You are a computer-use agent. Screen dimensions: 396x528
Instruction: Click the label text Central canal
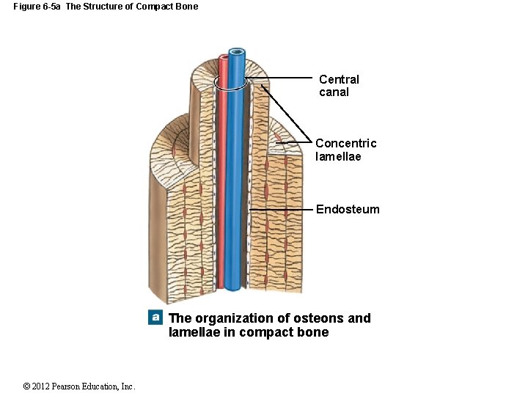point(339,86)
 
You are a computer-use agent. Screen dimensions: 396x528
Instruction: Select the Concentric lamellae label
point(345,150)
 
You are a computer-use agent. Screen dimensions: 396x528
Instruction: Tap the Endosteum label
point(348,210)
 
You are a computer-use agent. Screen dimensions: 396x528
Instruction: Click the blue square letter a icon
point(155,318)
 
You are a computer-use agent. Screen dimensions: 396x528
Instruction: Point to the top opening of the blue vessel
point(237,52)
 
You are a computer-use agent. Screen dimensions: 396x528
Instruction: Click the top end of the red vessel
point(224,57)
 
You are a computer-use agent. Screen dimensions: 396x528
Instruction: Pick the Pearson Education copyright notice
point(79,386)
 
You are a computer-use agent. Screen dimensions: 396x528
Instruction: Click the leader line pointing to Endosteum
point(282,210)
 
